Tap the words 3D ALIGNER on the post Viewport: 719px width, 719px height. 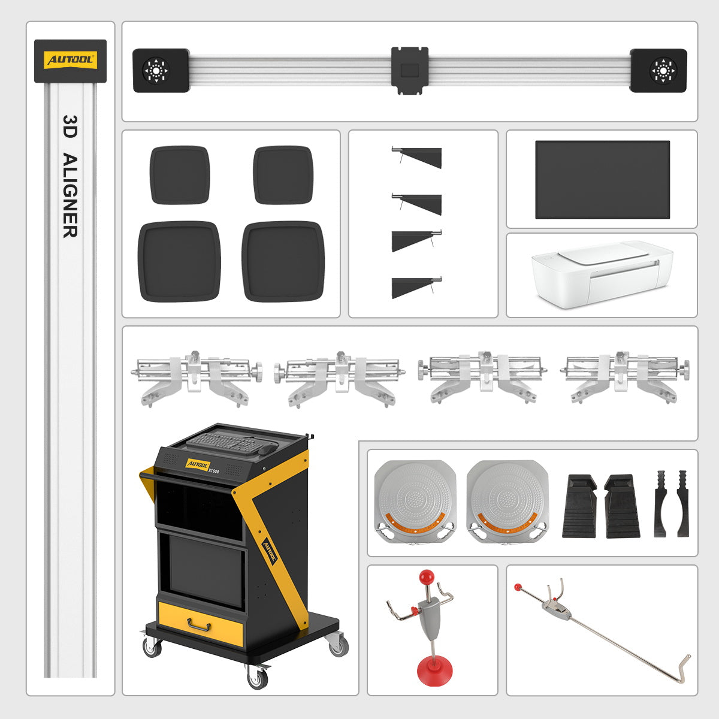pos(70,177)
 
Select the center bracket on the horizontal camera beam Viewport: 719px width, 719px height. pos(410,70)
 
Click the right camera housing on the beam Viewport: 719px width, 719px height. pos(658,70)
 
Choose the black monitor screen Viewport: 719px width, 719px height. pos(602,180)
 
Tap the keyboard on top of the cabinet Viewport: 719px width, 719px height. pos(225,442)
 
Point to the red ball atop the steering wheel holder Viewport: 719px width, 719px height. pos(426,577)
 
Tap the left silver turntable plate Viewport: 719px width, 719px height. pos(415,501)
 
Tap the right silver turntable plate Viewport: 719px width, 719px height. pos(507,501)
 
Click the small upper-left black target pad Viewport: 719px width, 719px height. pos(180,174)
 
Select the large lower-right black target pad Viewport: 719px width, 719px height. pos(283,261)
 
